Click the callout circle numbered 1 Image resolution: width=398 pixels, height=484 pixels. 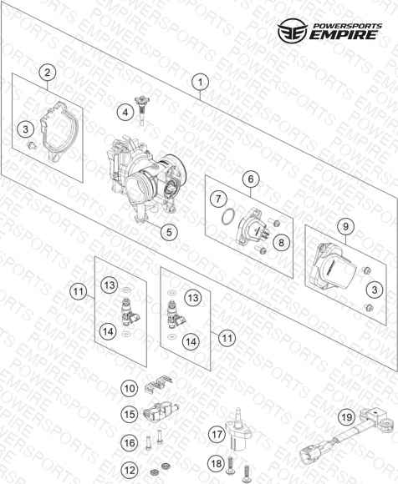[x=200, y=82]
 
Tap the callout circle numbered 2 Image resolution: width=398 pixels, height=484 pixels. [x=48, y=73]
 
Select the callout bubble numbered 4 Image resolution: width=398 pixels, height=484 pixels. [x=125, y=113]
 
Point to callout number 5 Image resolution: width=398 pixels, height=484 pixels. [x=169, y=232]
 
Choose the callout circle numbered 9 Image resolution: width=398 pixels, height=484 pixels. [x=345, y=227]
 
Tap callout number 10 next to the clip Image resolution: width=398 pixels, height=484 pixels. [x=130, y=388]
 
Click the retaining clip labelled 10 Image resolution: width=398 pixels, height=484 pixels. [x=158, y=384]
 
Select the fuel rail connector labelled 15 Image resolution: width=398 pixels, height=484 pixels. [x=161, y=411]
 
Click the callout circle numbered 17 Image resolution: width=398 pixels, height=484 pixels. [x=217, y=434]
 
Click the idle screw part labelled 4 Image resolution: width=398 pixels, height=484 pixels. [x=141, y=109]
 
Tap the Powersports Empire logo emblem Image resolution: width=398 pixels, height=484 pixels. [x=293, y=30]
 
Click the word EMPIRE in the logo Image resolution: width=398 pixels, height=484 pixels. [x=344, y=35]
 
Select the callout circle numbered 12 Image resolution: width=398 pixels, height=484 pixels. [x=130, y=470]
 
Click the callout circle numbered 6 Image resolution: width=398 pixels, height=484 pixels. [x=251, y=179]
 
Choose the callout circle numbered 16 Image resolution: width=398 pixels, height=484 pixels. [x=129, y=443]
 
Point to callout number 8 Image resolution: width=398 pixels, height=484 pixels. [x=281, y=243]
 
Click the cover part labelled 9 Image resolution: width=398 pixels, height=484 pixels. [x=333, y=265]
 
